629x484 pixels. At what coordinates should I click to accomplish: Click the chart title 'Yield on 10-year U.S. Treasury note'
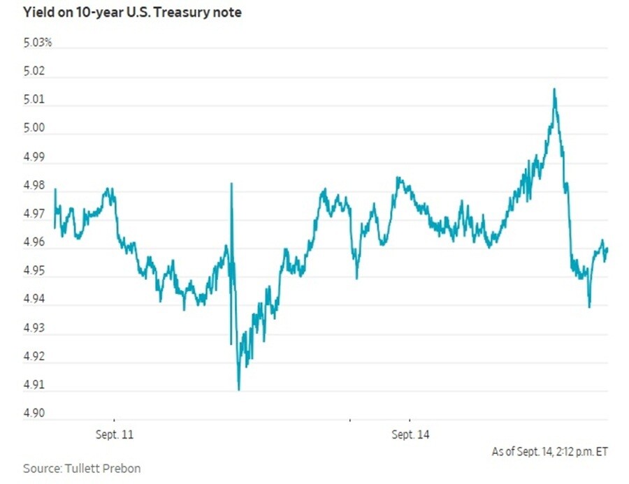point(132,13)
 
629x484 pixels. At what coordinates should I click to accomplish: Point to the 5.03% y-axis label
point(38,43)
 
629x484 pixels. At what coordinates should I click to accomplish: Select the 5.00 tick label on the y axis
point(34,128)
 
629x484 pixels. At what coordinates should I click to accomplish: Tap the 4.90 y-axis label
point(34,413)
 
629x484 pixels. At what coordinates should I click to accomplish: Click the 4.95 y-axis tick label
point(34,271)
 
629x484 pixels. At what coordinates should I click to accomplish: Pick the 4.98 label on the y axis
point(34,185)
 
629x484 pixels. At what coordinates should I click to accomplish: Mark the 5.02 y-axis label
point(34,71)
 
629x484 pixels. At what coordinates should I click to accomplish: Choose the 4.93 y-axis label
point(34,328)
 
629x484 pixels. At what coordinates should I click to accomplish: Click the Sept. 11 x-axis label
point(115,434)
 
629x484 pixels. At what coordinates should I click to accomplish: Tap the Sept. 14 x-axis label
point(410,434)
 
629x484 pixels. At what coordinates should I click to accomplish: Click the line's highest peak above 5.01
point(554,89)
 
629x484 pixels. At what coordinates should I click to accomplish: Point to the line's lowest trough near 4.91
point(239,390)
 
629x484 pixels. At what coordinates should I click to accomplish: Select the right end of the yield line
point(608,249)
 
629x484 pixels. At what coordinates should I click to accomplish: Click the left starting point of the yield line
point(55,228)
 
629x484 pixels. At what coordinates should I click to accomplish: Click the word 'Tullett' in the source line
point(82,469)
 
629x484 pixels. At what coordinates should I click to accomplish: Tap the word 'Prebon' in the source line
point(122,469)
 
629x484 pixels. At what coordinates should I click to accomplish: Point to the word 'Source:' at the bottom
point(42,469)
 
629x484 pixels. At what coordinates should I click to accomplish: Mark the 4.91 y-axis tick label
point(34,385)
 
